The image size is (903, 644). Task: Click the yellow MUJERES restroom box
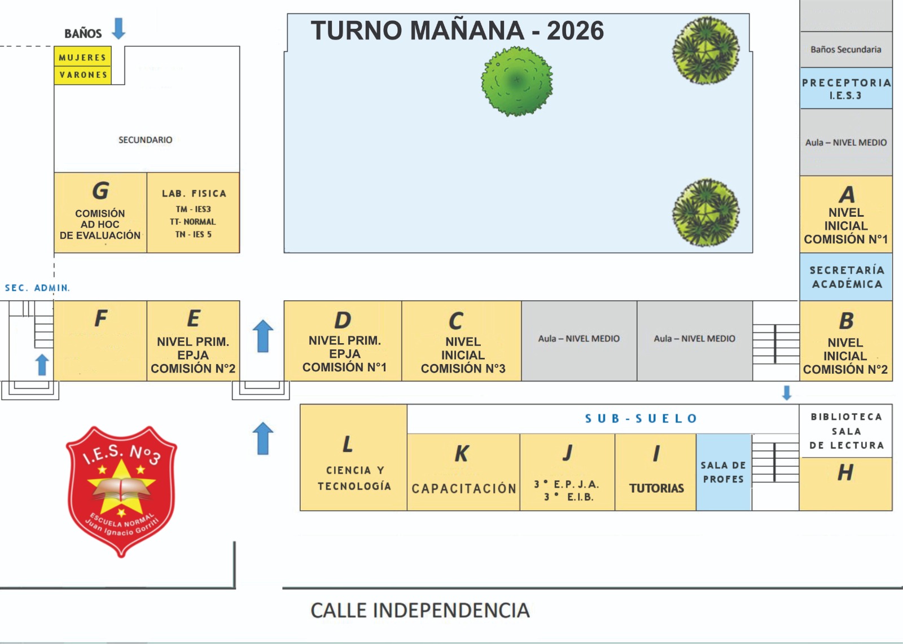coord(83,57)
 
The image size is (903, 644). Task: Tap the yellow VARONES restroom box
coord(83,75)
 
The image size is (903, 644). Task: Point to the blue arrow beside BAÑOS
coord(119,29)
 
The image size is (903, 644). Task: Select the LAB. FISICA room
coord(193,213)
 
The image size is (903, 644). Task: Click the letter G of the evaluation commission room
coord(100,191)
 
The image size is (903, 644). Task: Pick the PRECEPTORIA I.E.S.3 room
coord(845,89)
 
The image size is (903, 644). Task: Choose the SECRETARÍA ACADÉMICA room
coord(845,277)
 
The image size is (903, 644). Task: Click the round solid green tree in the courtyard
coord(516,81)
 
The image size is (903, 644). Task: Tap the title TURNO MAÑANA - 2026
coord(457,30)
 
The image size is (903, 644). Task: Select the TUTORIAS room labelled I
coord(656,472)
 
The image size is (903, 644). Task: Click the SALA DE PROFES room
coord(724,472)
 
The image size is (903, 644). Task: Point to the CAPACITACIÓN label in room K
coord(464,488)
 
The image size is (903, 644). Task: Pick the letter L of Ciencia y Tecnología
coord(348,444)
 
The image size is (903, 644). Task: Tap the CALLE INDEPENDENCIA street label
coord(420,610)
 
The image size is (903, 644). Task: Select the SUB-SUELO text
coord(641,418)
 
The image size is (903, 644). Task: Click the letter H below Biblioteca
coord(845,472)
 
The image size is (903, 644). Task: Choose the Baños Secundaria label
coord(845,50)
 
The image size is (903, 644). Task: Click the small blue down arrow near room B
coord(787,392)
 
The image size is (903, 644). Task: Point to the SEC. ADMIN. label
coord(37,288)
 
